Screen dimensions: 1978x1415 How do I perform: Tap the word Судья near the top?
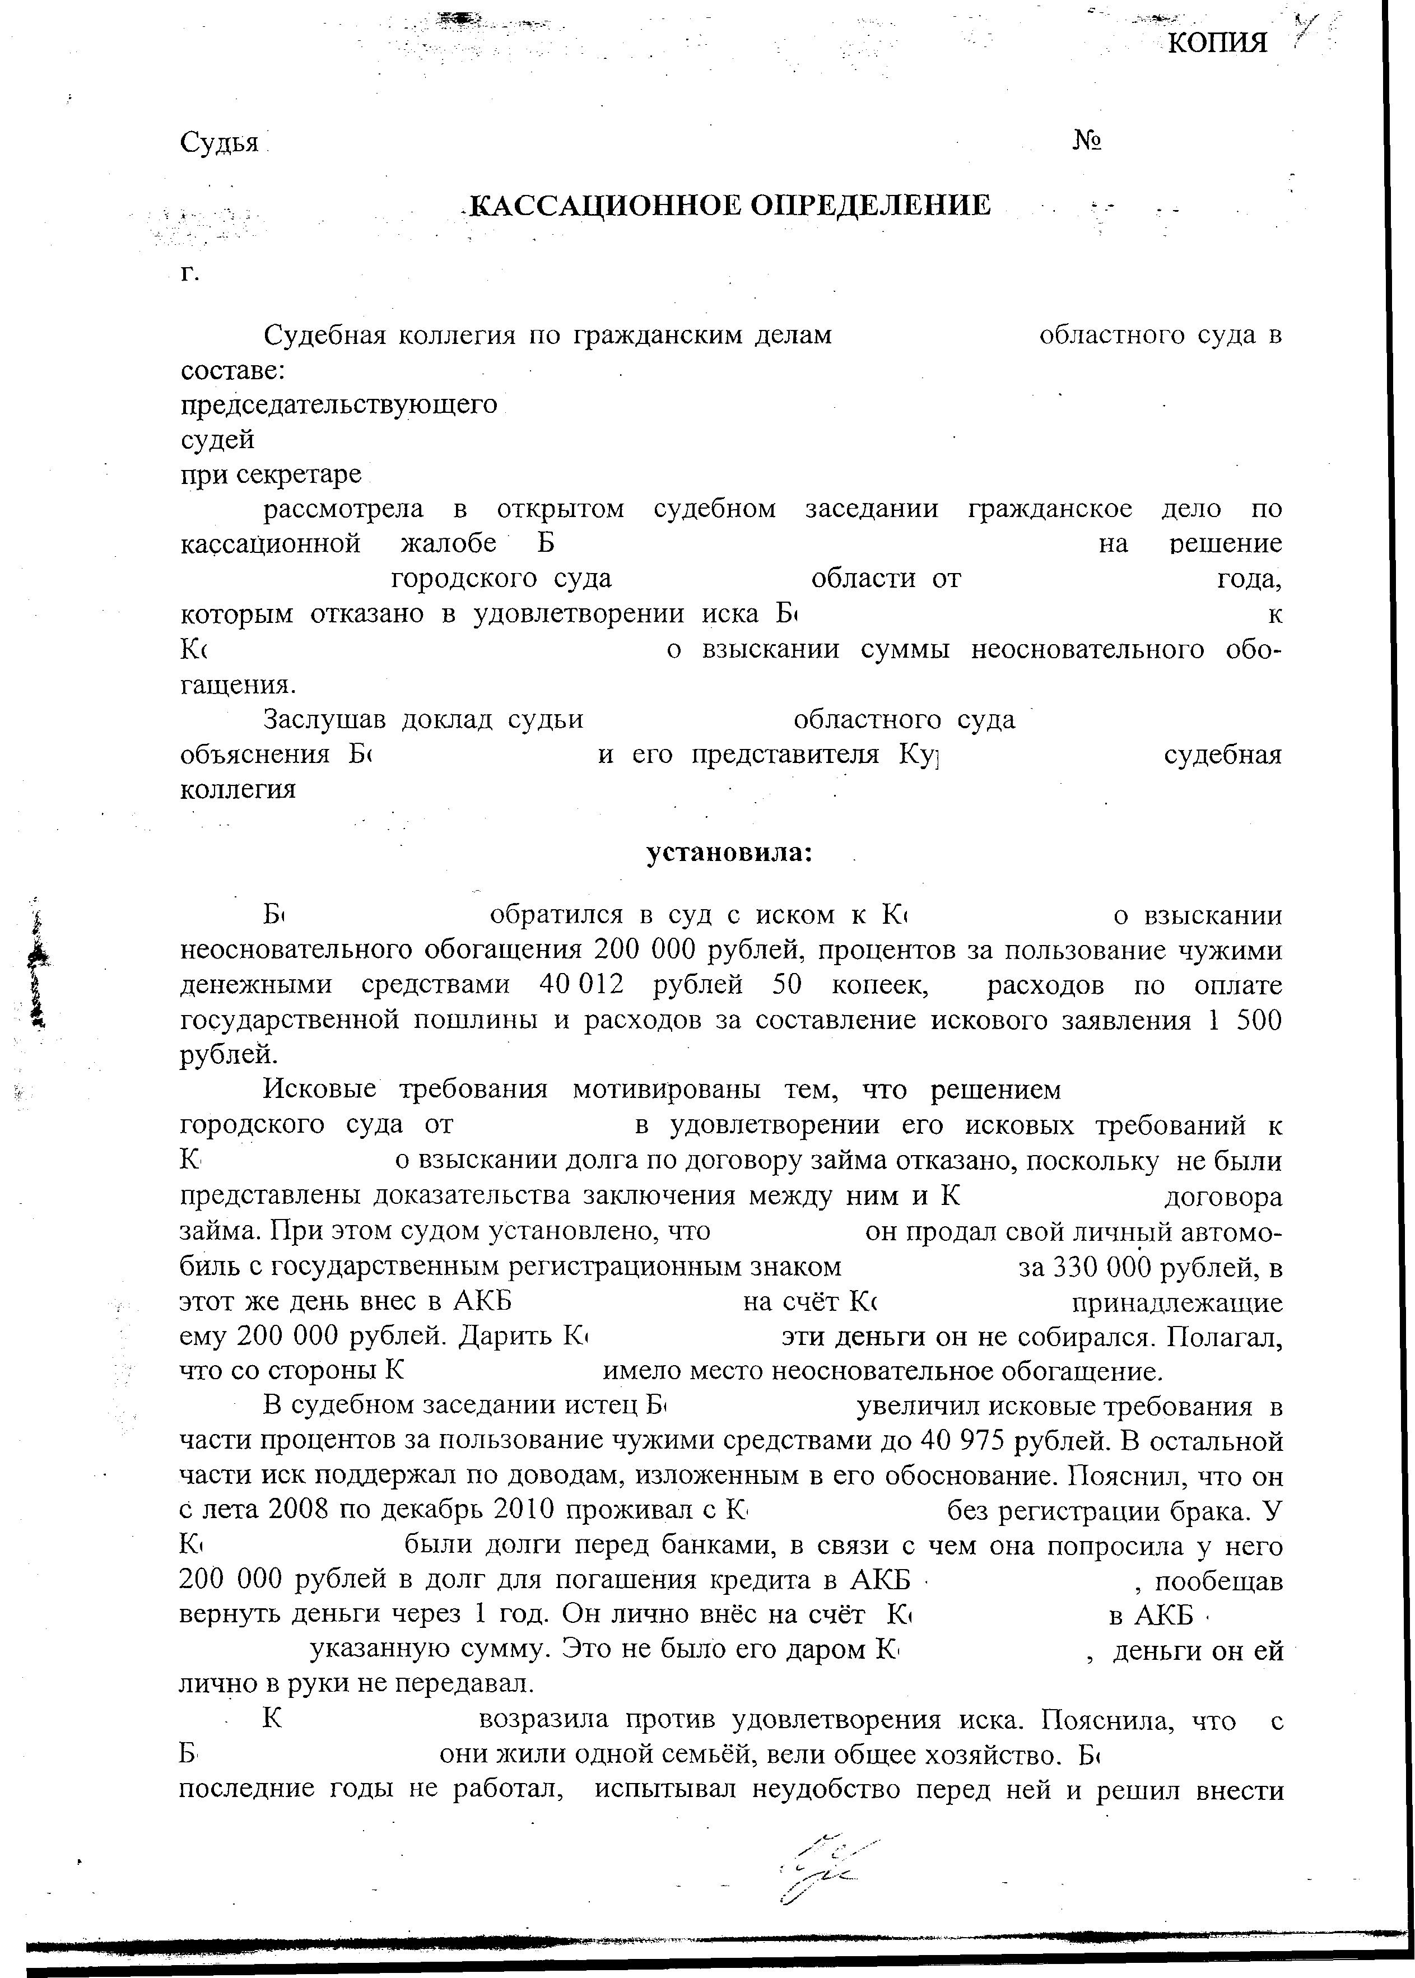(220, 142)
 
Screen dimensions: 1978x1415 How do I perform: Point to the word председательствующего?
(338, 404)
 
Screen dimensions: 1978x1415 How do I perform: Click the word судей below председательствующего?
(217, 440)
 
